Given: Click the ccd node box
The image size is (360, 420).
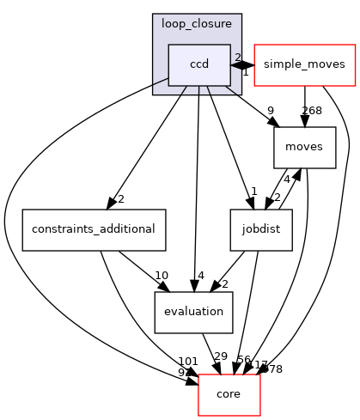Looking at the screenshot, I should pyautogui.click(x=199, y=65).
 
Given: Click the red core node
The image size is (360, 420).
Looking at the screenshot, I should pyautogui.click(x=230, y=393).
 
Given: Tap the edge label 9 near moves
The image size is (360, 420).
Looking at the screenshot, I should pyautogui.click(x=271, y=110).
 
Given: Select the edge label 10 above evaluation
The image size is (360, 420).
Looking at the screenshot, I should pyautogui.click(x=161, y=275).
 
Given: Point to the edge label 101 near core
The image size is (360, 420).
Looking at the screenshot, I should pyautogui.click(x=188, y=361).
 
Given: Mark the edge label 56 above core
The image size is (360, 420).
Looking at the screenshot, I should pyautogui.click(x=243, y=361).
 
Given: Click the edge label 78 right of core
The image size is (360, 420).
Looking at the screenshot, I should pyautogui.click(x=275, y=369).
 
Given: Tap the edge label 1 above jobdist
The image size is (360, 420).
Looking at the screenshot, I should pyautogui.click(x=255, y=192).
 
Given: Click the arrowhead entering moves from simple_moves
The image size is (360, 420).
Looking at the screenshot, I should pyautogui.click(x=304, y=125).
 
